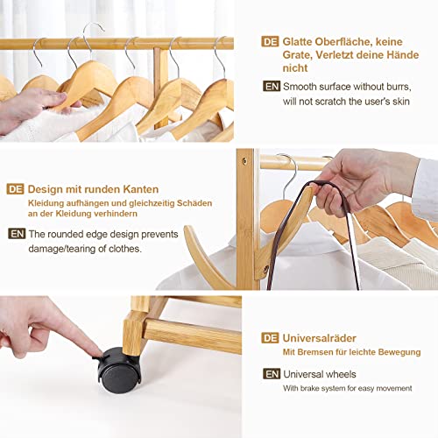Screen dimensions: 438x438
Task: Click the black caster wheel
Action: point(119,371)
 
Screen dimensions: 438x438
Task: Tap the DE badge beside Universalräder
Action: point(270,338)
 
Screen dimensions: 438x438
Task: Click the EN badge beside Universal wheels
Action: point(272,374)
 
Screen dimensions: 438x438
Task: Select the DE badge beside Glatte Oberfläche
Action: point(270,41)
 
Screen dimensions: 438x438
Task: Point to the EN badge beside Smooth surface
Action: point(272,86)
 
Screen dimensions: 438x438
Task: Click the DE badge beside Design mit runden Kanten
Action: point(15,189)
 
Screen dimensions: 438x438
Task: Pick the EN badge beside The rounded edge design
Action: point(17,234)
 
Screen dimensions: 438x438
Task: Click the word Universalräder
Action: point(320,338)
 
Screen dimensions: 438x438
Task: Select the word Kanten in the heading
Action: point(141,189)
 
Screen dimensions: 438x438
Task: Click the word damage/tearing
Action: point(62,249)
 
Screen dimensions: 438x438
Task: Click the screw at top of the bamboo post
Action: point(244,161)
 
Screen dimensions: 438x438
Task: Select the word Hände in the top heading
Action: point(403,54)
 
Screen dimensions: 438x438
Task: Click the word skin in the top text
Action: point(401,102)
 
